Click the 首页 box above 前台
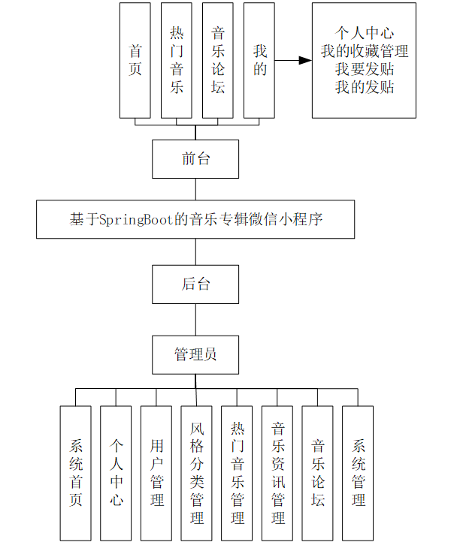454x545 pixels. click(135, 60)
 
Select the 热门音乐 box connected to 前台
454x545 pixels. click(177, 60)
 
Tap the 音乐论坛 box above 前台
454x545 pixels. click(218, 60)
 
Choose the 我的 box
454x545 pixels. click(259, 60)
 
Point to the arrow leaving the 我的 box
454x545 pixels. click(293, 60)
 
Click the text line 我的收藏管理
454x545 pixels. click(365, 52)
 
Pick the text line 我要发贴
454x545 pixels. click(365, 70)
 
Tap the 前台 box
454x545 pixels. click(195, 159)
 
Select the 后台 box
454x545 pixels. click(195, 284)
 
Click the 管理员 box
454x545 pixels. click(195, 354)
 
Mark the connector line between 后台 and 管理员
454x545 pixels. click(195, 319)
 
